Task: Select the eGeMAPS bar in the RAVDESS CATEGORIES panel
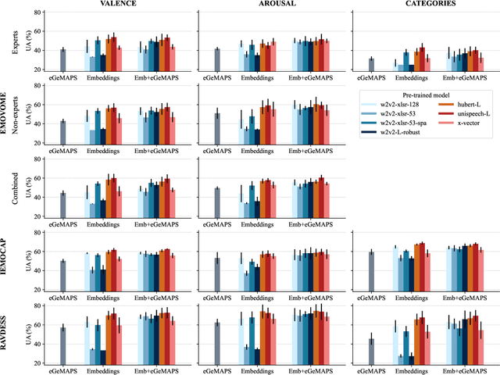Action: (372, 351)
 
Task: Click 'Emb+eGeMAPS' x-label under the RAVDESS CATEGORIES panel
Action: (468, 370)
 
